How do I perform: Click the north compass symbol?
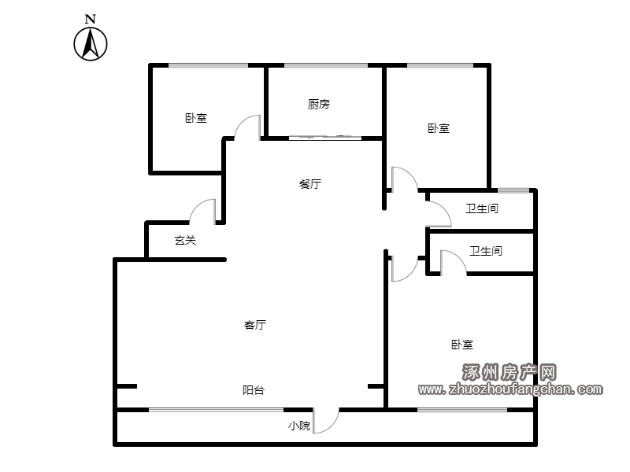coord(91,39)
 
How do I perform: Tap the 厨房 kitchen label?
coord(319,105)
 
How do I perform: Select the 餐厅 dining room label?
coord(310,184)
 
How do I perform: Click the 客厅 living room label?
coord(255,325)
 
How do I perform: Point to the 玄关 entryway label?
coord(185,241)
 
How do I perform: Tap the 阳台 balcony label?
coord(254,390)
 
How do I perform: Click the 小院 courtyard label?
coord(299,426)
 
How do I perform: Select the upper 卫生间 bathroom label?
coord(482,208)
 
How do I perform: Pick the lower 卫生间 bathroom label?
coord(486,251)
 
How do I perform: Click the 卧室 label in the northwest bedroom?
coord(196,119)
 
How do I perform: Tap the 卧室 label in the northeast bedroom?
coord(439,128)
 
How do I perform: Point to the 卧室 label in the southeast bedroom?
coord(462,345)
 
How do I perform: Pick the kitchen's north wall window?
coord(326,65)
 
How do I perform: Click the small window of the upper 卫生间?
coord(513,190)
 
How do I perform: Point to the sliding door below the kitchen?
coord(325,138)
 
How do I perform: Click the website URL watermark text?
coord(510,389)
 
